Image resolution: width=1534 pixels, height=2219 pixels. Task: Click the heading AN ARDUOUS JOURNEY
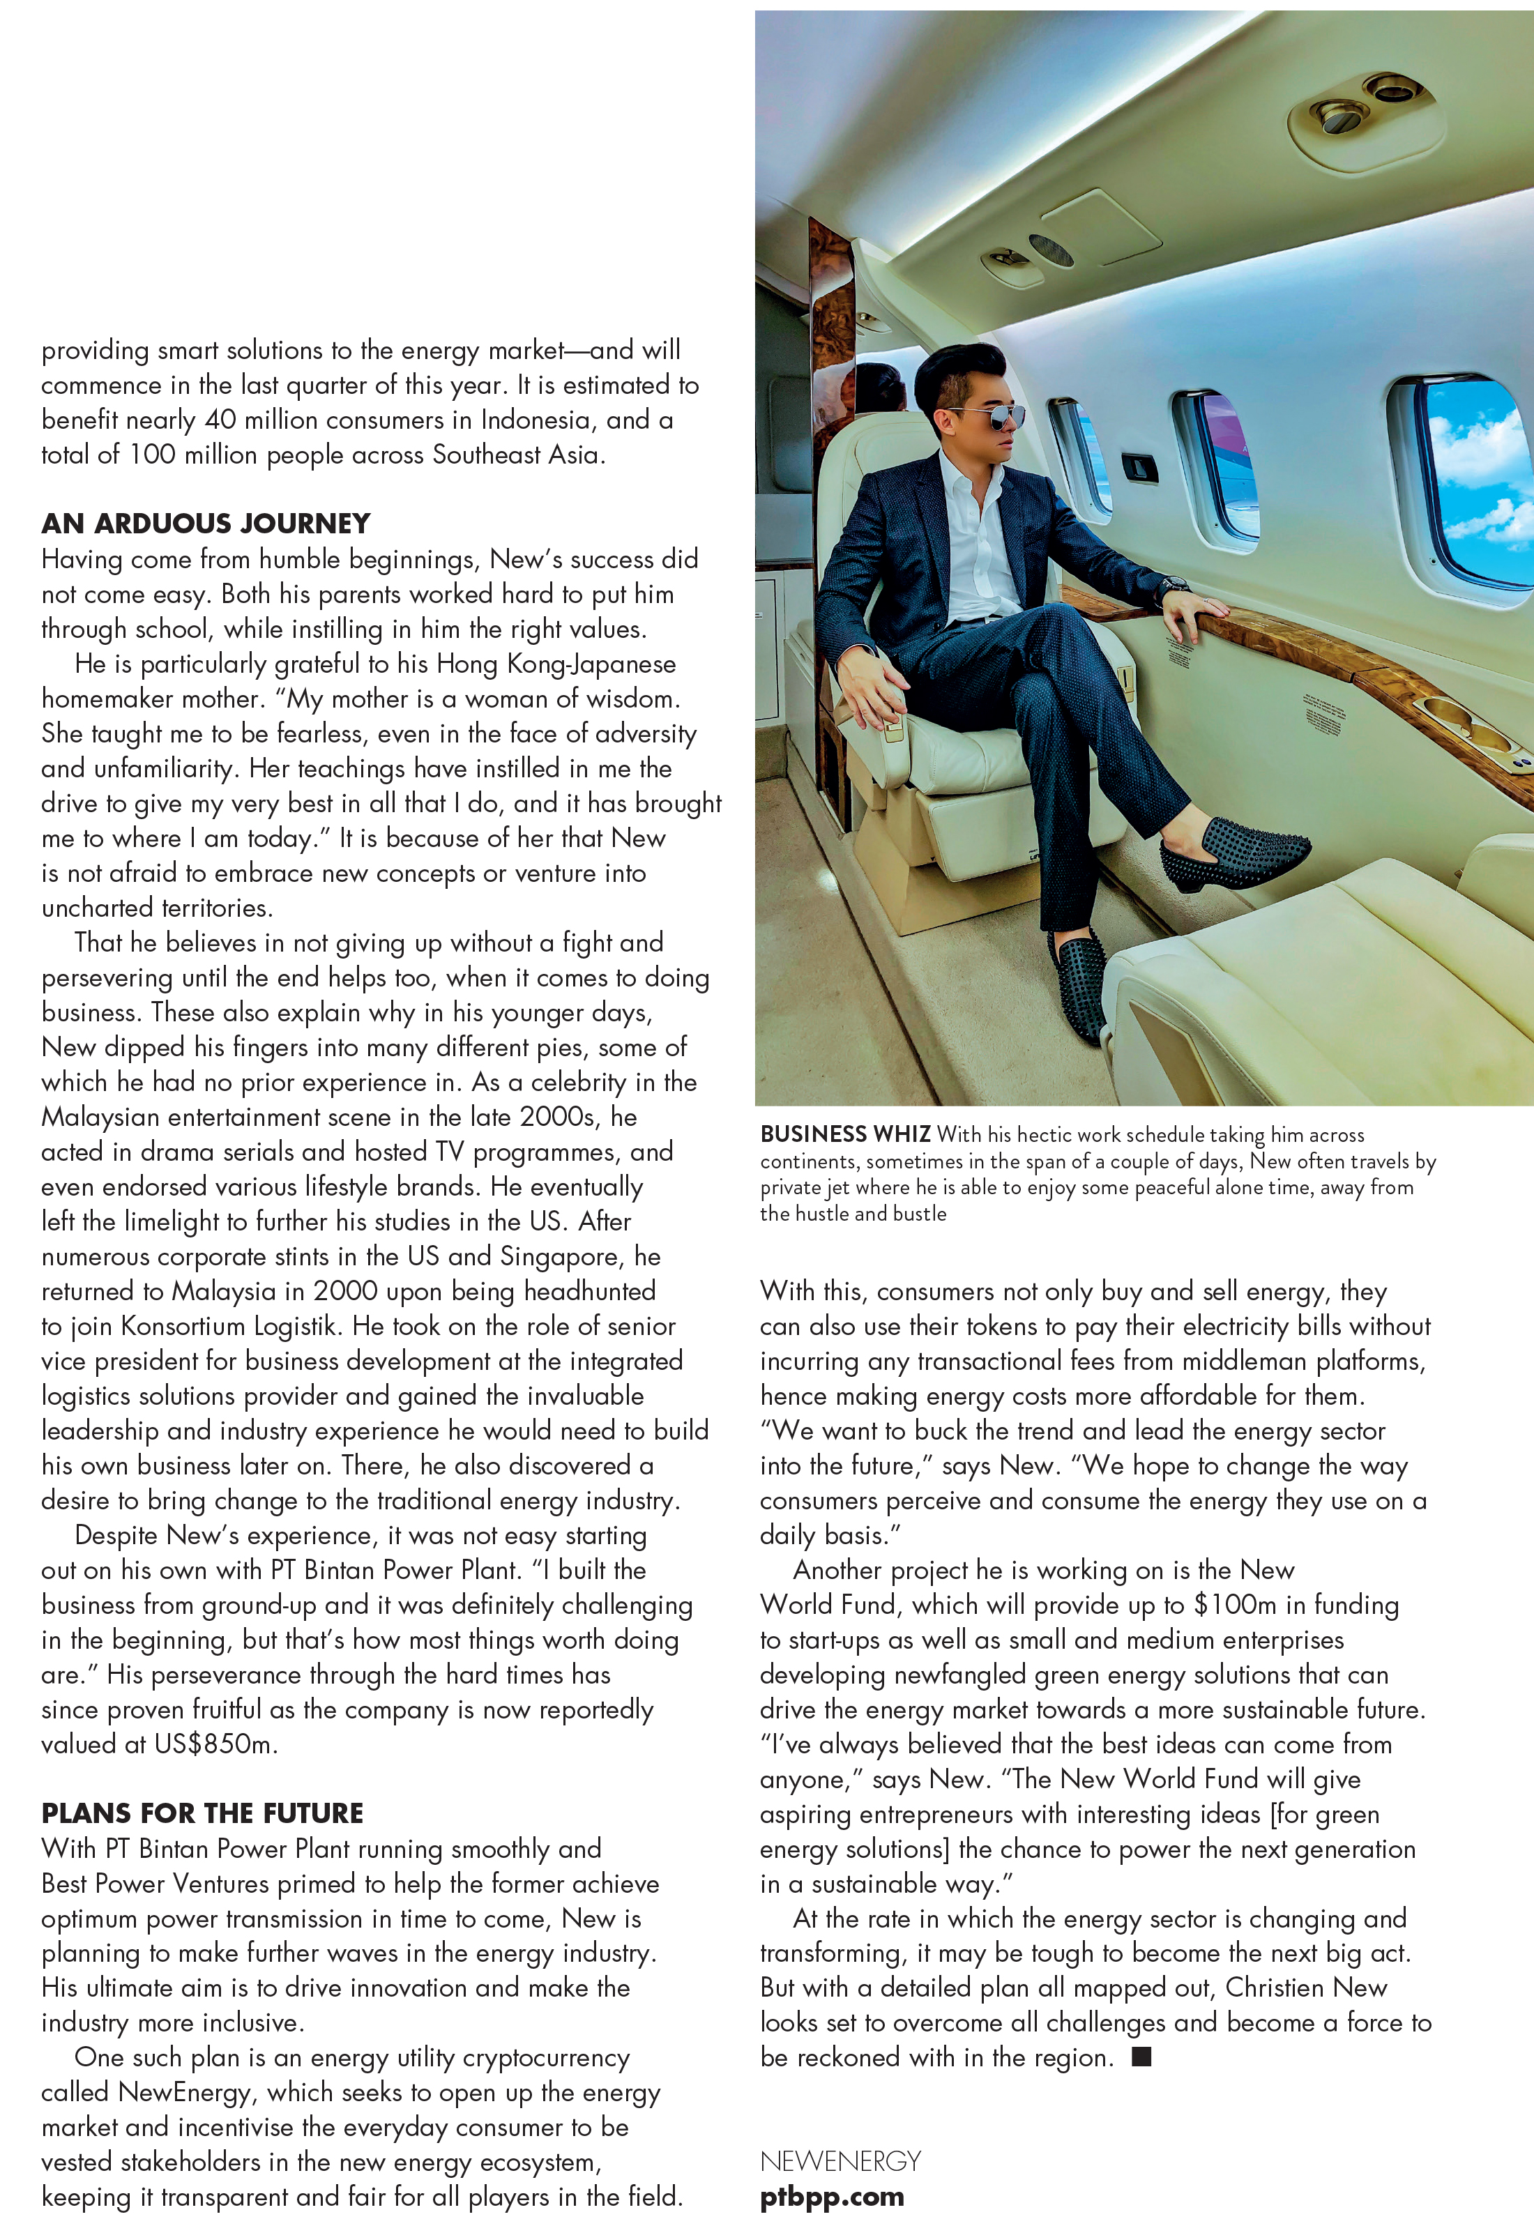click(206, 524)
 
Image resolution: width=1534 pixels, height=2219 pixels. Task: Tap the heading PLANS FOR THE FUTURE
click(202, 1813)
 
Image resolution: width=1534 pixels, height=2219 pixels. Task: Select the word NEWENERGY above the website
click(840, 2161)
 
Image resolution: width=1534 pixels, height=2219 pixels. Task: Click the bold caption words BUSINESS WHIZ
click(845, 1135)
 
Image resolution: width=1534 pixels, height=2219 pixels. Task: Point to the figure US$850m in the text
click(214, 1744)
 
